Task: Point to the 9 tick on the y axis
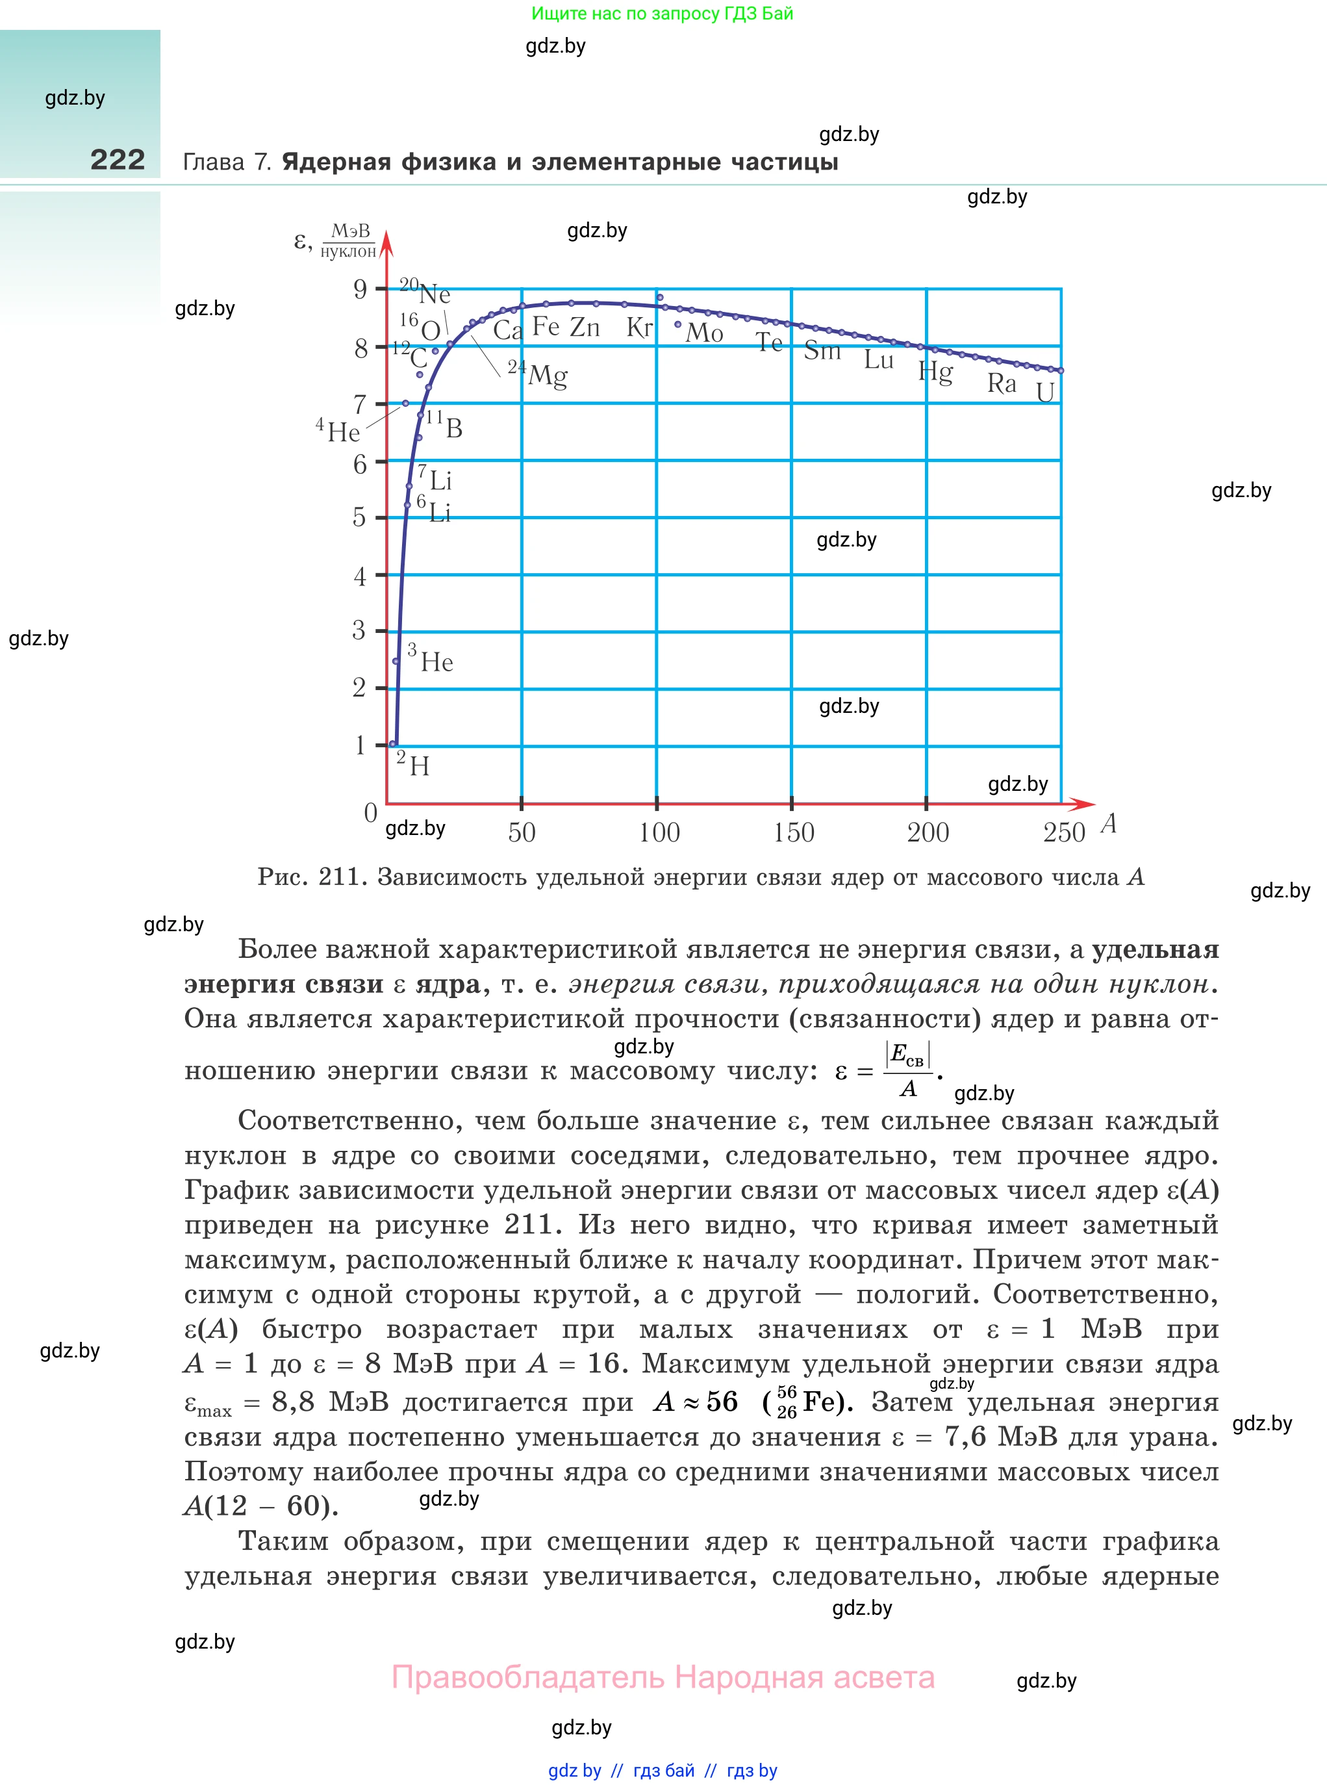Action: click(360, 289)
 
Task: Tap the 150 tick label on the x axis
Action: click(794, 832)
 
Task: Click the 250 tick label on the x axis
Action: click(1065, 832)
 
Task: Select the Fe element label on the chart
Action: click(546, 326)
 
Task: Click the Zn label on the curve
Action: click(585, 327)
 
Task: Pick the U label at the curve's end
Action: click(1045, 392)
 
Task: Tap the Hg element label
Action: click(936, 372)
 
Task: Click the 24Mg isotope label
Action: click(538, 374)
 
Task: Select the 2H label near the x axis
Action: click(414, 764)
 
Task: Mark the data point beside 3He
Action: click(395, 662)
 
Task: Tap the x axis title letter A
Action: click(1109, 823)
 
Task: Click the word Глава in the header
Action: click(214, 162)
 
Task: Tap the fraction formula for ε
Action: click(907, 1070)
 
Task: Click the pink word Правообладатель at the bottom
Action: click(528, 1677)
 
